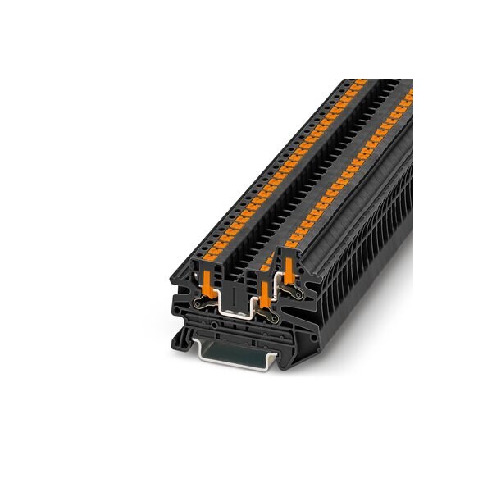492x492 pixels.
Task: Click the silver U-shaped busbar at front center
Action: point(235,309)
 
